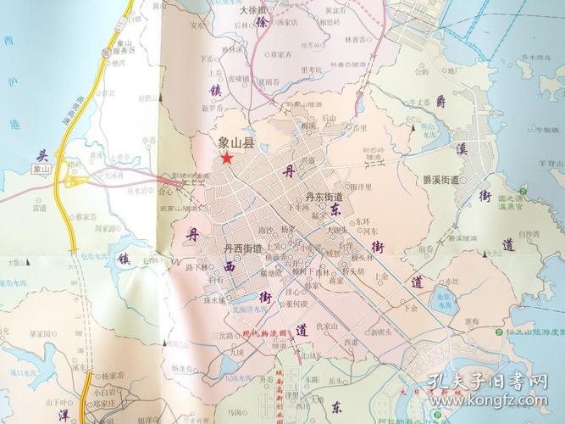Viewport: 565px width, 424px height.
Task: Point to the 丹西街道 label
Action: (243, 248)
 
